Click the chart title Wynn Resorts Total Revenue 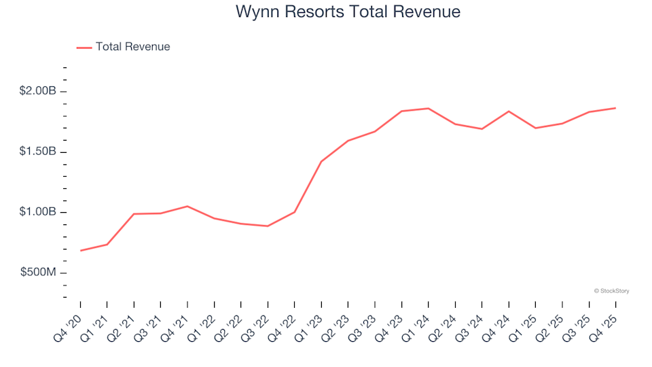pyautogui.click(x=348, y=12)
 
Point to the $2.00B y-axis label pyautogui.click(x=37, y=92)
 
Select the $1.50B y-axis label pyautogui.click(x=37, y=152)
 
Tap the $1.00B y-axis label pyautogui.click(x=37, y=212)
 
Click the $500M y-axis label pyautogui.click(x=37, y=273)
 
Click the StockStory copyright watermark pyautogui.click(x=611, y=291)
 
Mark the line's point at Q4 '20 pyautogui.click(x=81, y=251)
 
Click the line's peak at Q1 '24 pyautogui.click(x=429, y=108)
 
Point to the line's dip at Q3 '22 pyautogui.click(x=268, y=226)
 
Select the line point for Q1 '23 pyautogui.click(x=321, y=162)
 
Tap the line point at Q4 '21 pyautogui.click(x=187, y=206)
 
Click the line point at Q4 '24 pyautogui.click(x=509, y=111)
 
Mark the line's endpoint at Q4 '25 pyautogui.click(x=615, y=108)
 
